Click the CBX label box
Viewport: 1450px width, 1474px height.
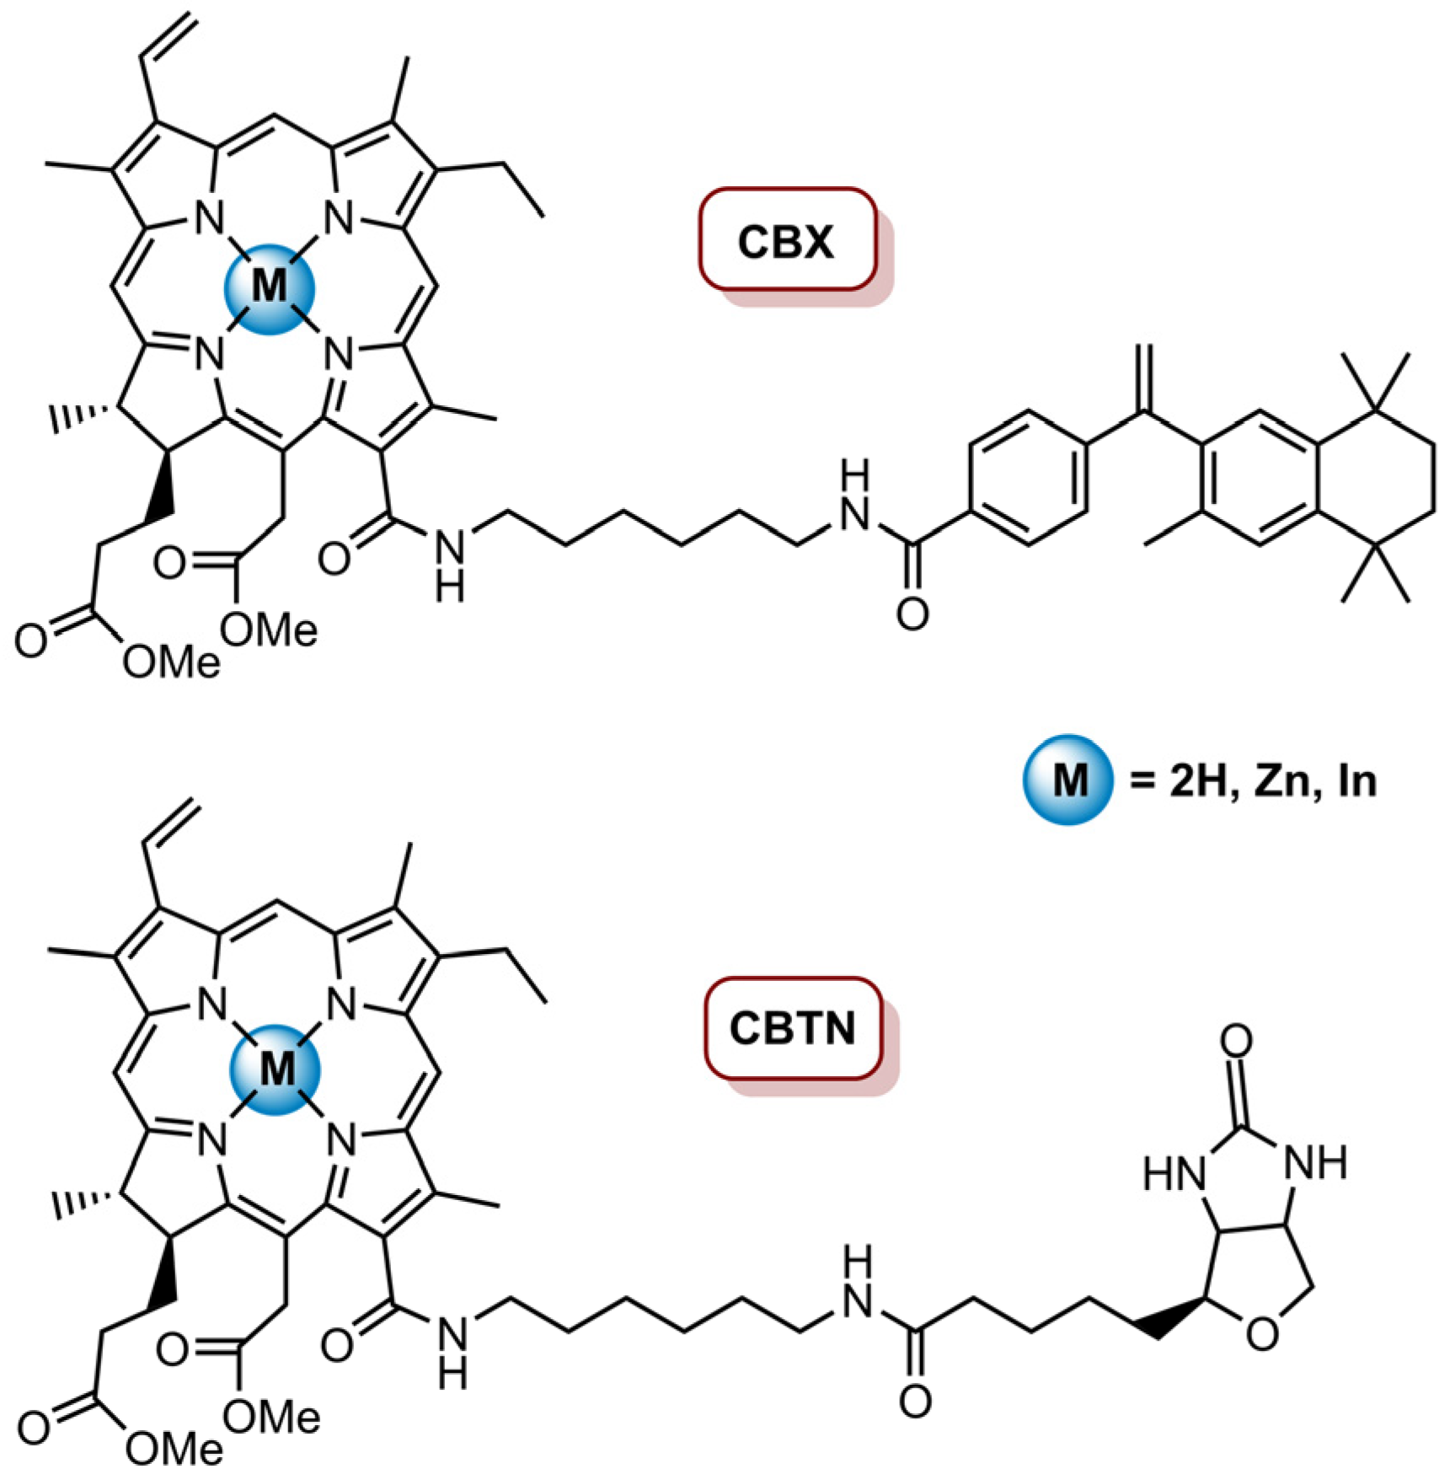tap(787, 241)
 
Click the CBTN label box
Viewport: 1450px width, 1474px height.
tap(793, 1029)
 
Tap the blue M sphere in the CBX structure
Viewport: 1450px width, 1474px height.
tap(269, 288)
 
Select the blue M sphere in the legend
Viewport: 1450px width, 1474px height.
tap(1067, 780)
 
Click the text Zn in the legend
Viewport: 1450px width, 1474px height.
tap(1281, 782)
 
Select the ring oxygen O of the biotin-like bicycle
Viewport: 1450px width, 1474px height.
tap(1261, 1334)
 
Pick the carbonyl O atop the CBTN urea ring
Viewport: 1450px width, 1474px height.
tap(1236, 1042)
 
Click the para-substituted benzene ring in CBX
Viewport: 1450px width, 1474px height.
tap(1028, 478)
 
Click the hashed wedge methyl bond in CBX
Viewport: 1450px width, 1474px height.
tap(80, 415)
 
